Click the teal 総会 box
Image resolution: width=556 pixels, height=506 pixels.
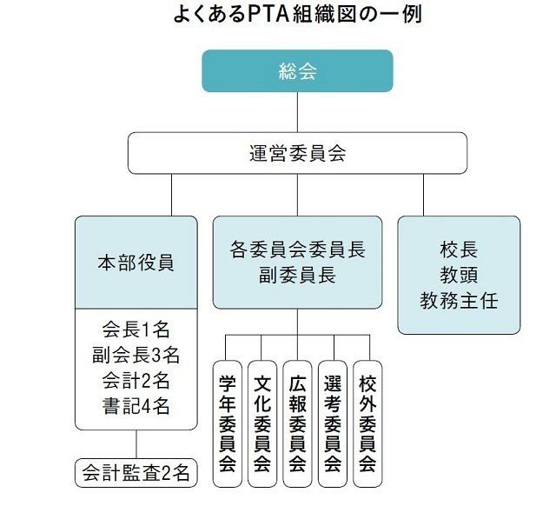click(x=297, y=70)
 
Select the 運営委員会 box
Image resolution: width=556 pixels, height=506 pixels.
click(x=297, y=153)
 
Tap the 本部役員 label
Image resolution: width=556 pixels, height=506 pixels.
click(x=135, y=263)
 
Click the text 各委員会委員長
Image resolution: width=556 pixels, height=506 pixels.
click(x=297, y=250)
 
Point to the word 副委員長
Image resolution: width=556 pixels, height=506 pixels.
click(x=297, y=276)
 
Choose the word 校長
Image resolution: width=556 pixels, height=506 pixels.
click(x=459, y=250)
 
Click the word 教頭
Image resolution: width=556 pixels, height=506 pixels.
click(x=459, y=276)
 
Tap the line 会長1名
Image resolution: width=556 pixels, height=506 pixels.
click(x=135, y=329)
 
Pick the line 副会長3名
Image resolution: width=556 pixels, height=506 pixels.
click(x=135, y=355)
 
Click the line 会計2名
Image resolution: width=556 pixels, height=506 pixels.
click(x=135, y=380)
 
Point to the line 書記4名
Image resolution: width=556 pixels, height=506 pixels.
click(x=135, y=405)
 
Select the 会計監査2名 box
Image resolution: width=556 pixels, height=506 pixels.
click(x=135, y=474)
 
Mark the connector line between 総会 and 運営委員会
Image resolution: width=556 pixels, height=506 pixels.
click(x=297, y=111)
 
